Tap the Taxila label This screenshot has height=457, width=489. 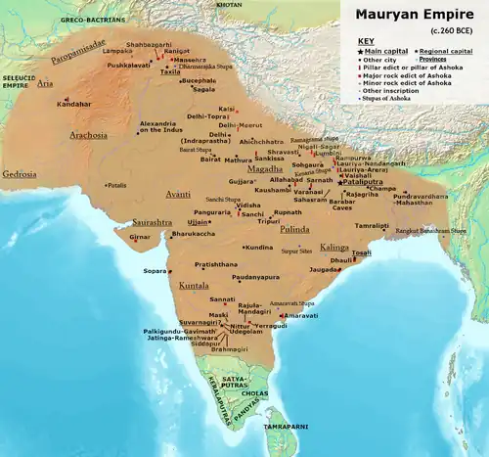(x=171, y=71)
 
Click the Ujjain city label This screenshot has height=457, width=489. (x=199, y=222)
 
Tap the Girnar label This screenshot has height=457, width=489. (x=142, y=237)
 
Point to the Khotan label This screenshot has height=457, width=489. (x=228, y=5)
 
